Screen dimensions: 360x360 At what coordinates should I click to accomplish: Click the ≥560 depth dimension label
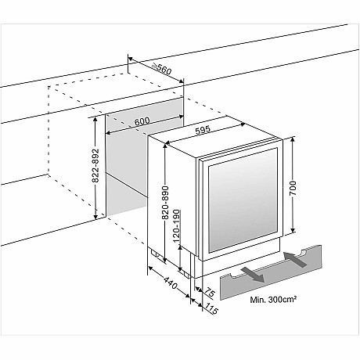[x=162, y=69]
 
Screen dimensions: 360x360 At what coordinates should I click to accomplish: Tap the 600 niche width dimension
[x=142, y=121]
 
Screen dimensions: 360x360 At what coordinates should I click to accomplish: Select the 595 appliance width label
[x=203, y=130]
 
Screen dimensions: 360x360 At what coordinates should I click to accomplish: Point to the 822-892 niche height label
[x=96, y=165]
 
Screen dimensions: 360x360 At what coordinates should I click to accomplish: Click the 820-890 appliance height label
[x=165, y=203]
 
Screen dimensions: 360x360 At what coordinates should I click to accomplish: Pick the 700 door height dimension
[x=293, y=188]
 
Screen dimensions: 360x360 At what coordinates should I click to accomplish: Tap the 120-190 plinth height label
[x=177, y=226]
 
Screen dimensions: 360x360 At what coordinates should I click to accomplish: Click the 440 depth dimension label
[x=171, y=283]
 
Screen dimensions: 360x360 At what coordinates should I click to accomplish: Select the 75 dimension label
[x=209, y=292]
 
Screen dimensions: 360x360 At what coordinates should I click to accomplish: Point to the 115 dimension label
[x=211, y=309]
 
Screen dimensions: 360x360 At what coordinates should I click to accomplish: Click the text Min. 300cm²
[x=273, y=300]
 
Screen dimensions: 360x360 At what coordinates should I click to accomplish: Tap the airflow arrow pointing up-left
[x=295, y=260]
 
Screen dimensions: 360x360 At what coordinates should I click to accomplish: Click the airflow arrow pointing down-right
[x=253, y=275]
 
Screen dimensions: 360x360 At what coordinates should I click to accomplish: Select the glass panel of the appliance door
[x=243, y=200]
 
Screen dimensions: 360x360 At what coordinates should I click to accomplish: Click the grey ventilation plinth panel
[x=271, y=272]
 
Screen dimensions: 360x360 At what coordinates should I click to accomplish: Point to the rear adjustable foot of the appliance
[x=155, y=253]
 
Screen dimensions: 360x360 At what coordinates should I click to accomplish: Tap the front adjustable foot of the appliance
[x=185, y=274]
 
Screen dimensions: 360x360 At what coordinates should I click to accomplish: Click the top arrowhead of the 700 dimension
[x=293, y=139]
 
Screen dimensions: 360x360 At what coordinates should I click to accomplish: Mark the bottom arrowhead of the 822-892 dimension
[x=95, y=216]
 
